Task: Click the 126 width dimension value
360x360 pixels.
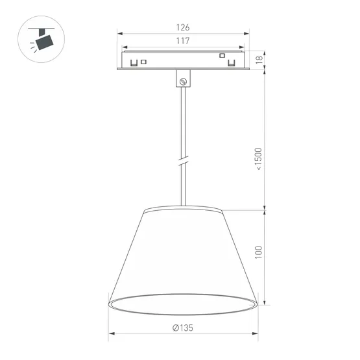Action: (183, 27)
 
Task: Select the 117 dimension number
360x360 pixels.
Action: (183, 41)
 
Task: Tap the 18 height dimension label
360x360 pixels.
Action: (258, 60)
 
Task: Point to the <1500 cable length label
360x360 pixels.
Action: (258, 159)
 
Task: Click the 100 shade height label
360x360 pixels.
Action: (258, 252)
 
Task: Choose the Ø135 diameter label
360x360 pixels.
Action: (184, 328)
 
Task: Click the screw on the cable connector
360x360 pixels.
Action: (184, 82)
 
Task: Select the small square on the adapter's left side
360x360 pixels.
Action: (144, 62)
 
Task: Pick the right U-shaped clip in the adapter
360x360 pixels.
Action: (231, 63)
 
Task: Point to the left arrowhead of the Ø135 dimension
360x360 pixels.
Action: (111, 334)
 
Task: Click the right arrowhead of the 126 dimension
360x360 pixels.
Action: (245, 33)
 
